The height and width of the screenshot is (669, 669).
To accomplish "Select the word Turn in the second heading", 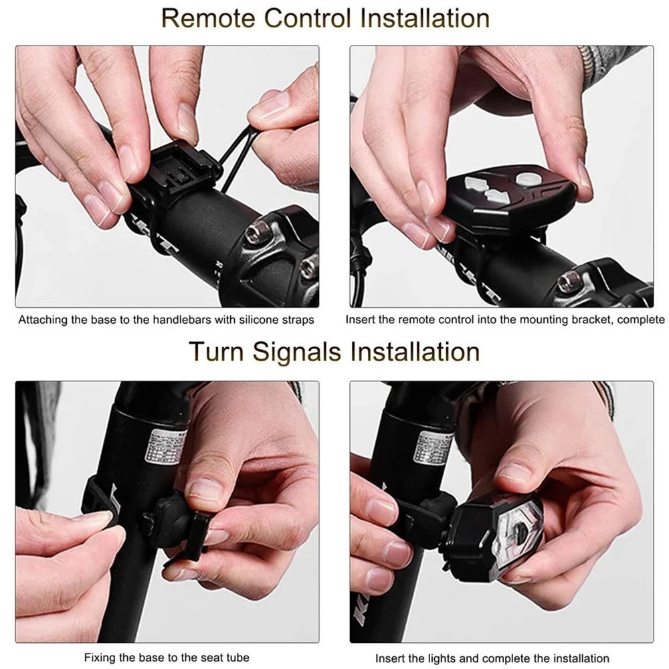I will coord(215,351).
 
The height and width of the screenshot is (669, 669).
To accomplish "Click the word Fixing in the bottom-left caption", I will coord(99,658).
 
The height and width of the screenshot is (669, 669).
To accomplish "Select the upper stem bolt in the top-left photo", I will coord(254,234).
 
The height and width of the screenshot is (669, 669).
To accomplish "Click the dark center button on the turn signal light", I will coord(519,536).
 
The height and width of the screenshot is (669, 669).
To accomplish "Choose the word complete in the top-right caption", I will coord(640,320).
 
